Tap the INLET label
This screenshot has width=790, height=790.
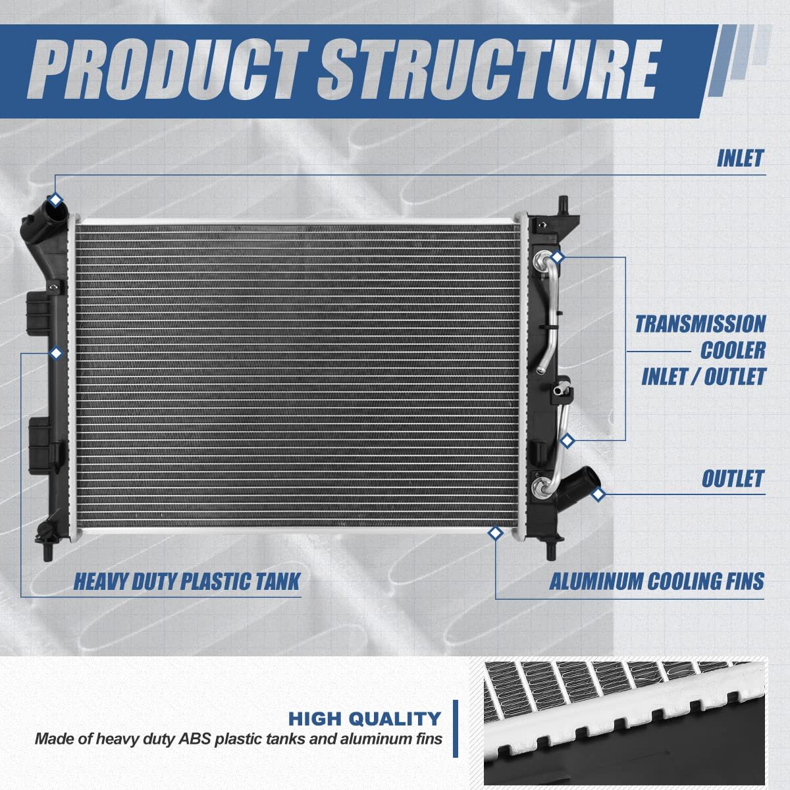coord(740,159)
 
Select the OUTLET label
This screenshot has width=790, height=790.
coord(732,479)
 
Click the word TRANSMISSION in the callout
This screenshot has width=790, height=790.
coord(700,324)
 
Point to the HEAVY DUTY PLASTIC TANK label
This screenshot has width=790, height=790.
coord(186,581)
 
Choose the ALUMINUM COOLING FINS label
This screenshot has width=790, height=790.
coord(656,581)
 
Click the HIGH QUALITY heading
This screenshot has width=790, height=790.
coord(365,718)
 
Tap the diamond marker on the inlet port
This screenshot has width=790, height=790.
coord(56,199)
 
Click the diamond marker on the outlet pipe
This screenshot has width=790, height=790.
coord(598,493)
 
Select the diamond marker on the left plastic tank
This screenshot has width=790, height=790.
coord(56,354)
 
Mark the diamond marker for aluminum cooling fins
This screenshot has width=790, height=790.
coord(495,534)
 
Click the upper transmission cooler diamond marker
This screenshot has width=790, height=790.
coord(558,256)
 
